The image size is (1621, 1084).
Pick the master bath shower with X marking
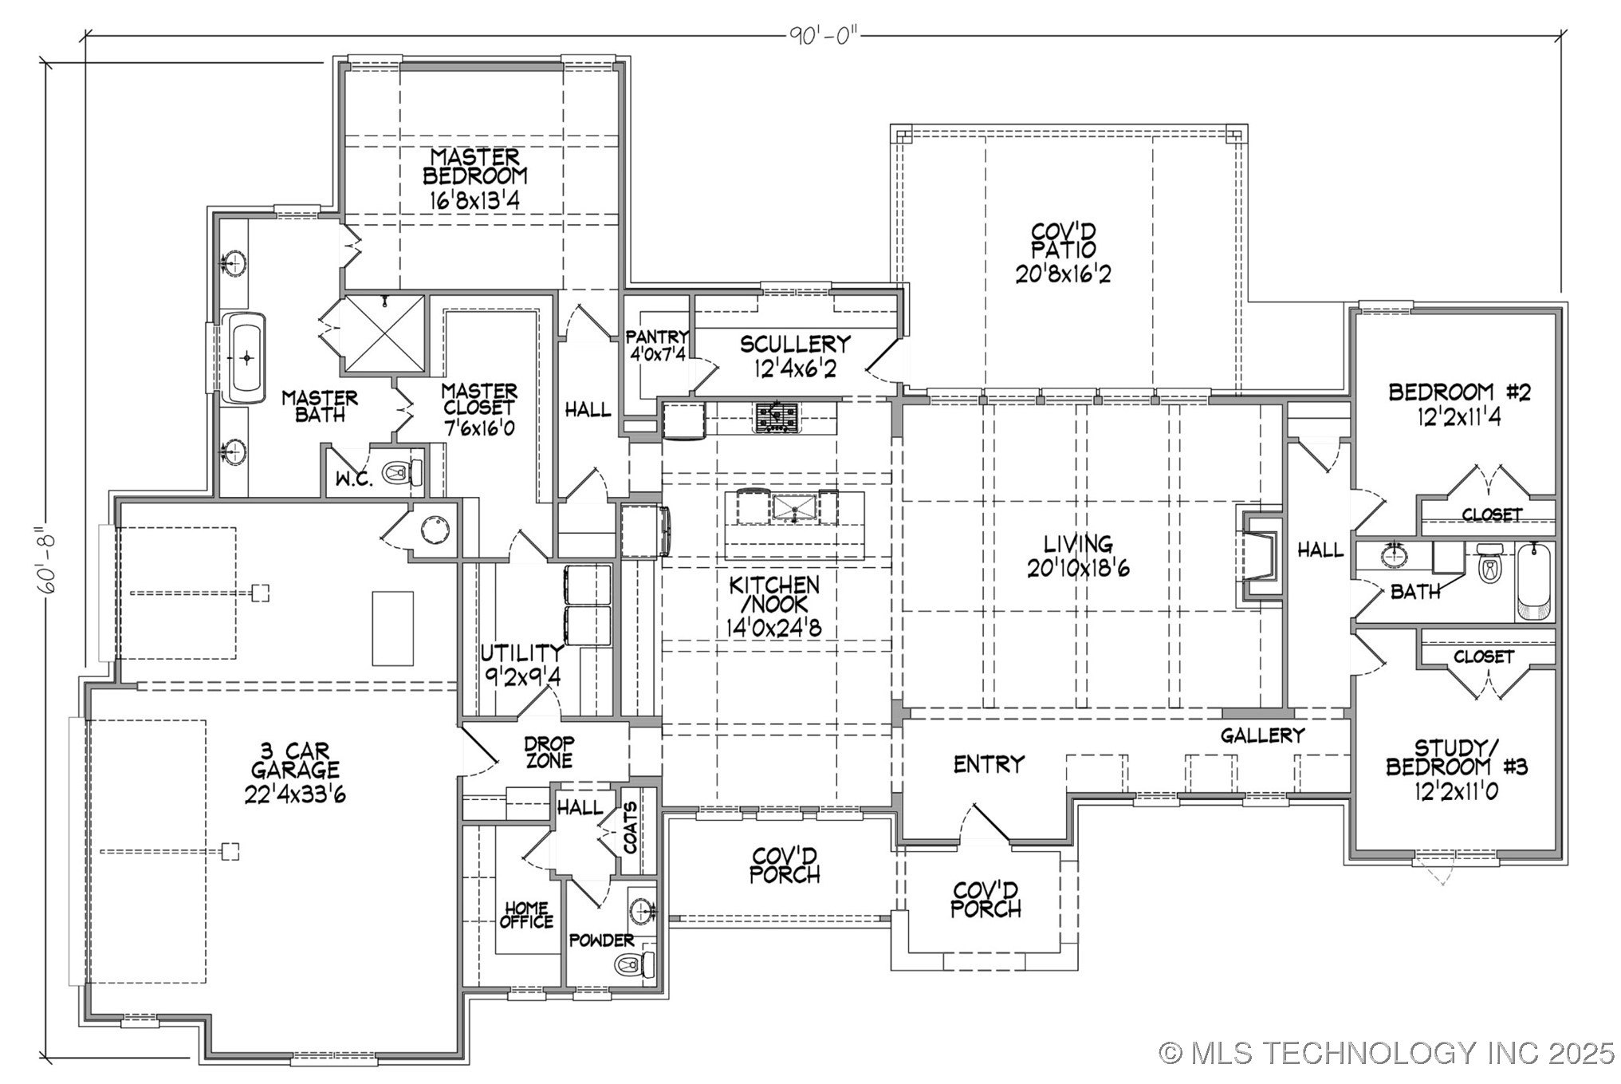385,333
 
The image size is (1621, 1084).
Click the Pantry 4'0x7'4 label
657,345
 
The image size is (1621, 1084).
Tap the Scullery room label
794,345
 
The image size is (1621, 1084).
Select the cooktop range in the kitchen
777,417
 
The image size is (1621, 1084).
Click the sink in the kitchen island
793,508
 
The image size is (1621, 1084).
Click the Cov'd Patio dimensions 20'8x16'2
1063,274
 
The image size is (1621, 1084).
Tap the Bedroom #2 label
1458,392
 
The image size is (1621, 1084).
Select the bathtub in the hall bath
1534,581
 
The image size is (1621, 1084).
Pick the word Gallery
1262,735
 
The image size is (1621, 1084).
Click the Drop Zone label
549,752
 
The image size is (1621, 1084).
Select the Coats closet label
630,828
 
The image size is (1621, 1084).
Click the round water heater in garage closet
435,530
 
